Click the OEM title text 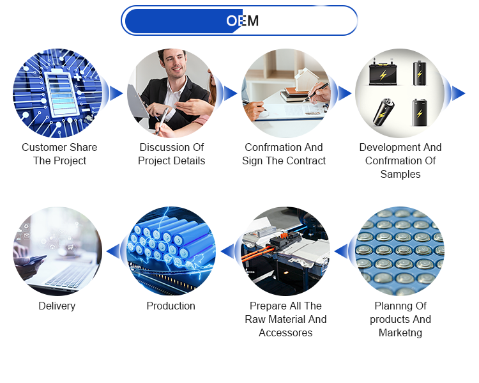243,21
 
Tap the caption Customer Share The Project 59,154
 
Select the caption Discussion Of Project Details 171,154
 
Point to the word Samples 400,174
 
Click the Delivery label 57,306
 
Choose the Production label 171,306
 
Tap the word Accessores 285,332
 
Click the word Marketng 400,332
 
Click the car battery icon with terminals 383,72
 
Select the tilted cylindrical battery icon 383,113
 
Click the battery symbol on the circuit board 62,93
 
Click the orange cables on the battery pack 257,254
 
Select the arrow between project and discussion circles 116,93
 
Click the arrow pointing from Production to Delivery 112,251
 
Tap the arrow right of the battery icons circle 459,93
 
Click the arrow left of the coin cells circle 341,251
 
